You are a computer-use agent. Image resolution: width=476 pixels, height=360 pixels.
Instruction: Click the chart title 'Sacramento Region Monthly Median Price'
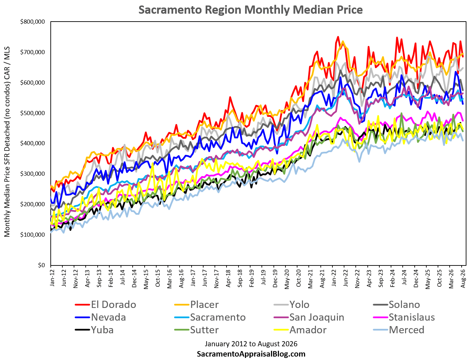pyautogui.click(x=251, y=10)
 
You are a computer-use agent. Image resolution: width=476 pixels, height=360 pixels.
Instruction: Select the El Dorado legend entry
pyautogui.click(x=106, y=305)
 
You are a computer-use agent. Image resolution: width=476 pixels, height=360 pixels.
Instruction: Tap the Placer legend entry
pyautogui.click(x=196, y=305)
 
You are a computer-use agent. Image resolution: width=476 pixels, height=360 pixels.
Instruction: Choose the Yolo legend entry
pyautogui.click(x=291, y=305)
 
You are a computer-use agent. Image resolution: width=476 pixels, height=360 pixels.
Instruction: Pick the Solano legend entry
pyautogui.click(x=396, y=305)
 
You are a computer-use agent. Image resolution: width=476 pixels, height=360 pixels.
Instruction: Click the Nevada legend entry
pyautogui.click(x=100, y=317)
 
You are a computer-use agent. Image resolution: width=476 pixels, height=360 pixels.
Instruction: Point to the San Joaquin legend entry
pyautogui.click(x=309, y=317)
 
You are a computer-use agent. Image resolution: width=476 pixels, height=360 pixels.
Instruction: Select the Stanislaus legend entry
pyautogui.click(x=404, y=317)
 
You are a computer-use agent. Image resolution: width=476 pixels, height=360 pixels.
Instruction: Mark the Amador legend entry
pyautogui.click(x=300, y=330)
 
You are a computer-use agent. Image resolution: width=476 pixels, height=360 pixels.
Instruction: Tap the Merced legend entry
pyautogui.click(x=399, y=330)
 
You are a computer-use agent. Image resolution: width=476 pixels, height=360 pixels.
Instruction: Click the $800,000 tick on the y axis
pyautogui.click(x=33, y=22)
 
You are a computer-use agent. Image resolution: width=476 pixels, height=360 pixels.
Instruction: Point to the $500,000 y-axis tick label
pyautogui.click(x=33, y=113)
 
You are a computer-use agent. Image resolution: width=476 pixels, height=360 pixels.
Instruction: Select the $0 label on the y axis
pyautogui.click(x=41, y=265)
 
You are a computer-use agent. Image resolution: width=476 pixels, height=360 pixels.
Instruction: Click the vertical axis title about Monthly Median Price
pyautogui.click(x=7, y=142)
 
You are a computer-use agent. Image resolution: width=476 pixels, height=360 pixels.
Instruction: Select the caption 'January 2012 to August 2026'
pyautogui.click(x=251, y=344)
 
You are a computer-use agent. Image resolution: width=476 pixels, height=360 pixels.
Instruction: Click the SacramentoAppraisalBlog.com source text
pyautogui.click(x=251, y=354)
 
